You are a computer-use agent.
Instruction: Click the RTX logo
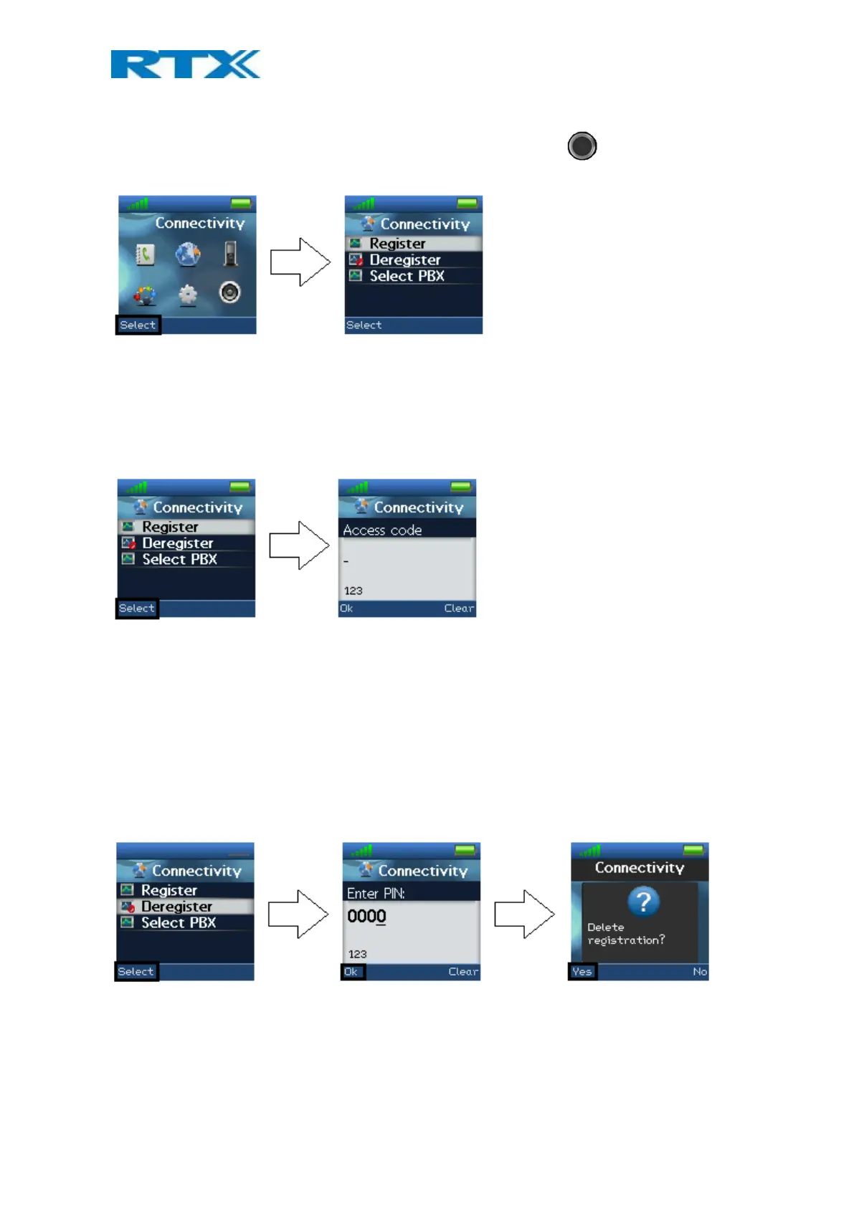(x=185, y=65)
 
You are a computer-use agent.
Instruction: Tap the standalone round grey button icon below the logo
(x=582, y=146)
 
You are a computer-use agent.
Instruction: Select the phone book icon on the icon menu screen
(x=146, y=254)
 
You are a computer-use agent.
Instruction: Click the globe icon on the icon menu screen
(x=188, y=254)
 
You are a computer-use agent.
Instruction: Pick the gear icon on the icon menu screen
(x=188, y=294)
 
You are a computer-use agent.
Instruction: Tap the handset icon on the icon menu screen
(x=229, y=254)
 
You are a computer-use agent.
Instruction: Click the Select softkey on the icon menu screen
(x=138, y=325)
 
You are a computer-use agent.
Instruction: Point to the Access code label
(x=382, y=530)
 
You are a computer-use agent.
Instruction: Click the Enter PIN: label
(x=376, y=894)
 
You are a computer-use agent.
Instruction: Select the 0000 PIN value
(x=366, y=916)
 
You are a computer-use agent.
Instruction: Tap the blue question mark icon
(x=643, y=902)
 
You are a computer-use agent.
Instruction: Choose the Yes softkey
(x=582, y=972)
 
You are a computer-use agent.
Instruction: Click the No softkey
(x=699, y=972)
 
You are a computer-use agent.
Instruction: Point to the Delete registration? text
(x=625, y=934)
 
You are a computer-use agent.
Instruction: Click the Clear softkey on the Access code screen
(x=459, y=609)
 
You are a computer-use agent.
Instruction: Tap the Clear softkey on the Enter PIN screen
(x=463, y=972)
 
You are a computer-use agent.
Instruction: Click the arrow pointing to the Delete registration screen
(x=524, y=914)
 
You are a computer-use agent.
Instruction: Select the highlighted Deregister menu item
(x=176, y=907)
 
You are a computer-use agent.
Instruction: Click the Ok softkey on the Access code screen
(x=346, y=609)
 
